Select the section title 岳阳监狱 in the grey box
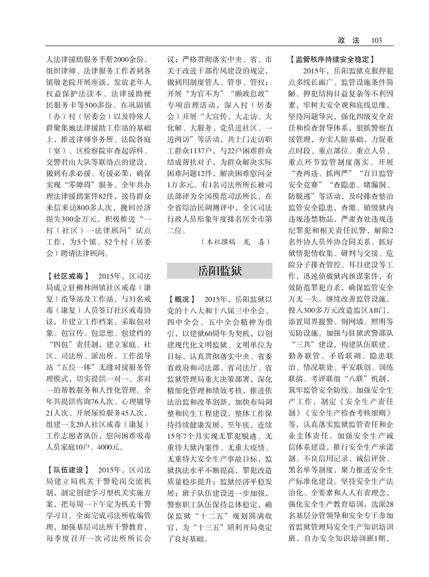(x=219, y=270)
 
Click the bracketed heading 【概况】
(x=182, y=298)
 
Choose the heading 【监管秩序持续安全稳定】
(x=333, y=58)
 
